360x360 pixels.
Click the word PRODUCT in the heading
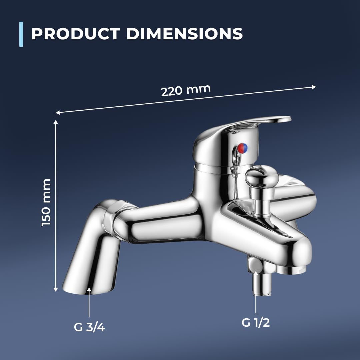[76, 34]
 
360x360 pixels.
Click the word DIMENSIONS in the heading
[185, 34]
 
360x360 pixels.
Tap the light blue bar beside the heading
[21, 34]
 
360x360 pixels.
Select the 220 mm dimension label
[186, 90]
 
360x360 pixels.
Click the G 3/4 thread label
[89, 327]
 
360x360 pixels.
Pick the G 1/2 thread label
[256, 323]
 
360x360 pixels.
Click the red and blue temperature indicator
[243, 148]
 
